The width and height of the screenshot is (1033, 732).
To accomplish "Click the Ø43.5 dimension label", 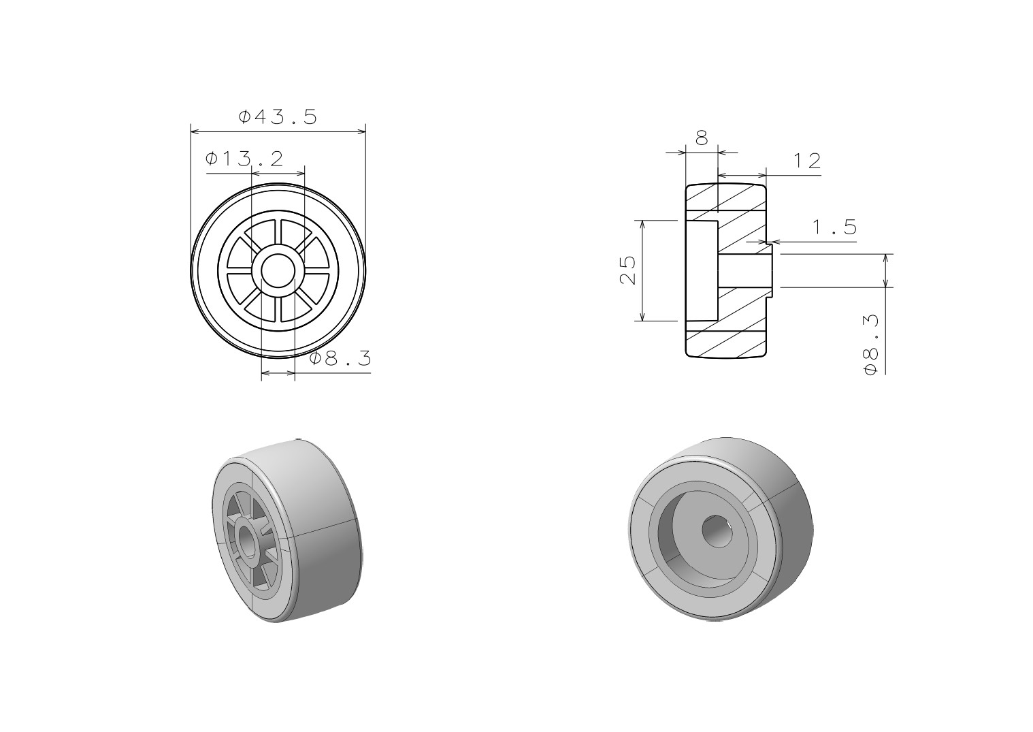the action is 278,116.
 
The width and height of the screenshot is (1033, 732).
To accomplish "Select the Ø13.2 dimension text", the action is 244,159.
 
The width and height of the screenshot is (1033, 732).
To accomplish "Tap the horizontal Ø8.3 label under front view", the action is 340,358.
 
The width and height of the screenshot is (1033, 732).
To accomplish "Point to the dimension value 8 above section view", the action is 702,138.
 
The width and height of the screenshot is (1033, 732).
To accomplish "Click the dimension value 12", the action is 807,161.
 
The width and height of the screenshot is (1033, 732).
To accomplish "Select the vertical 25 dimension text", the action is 627,270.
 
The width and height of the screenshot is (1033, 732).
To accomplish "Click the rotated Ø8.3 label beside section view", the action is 871,345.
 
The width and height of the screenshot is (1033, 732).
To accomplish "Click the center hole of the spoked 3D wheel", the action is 249,540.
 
